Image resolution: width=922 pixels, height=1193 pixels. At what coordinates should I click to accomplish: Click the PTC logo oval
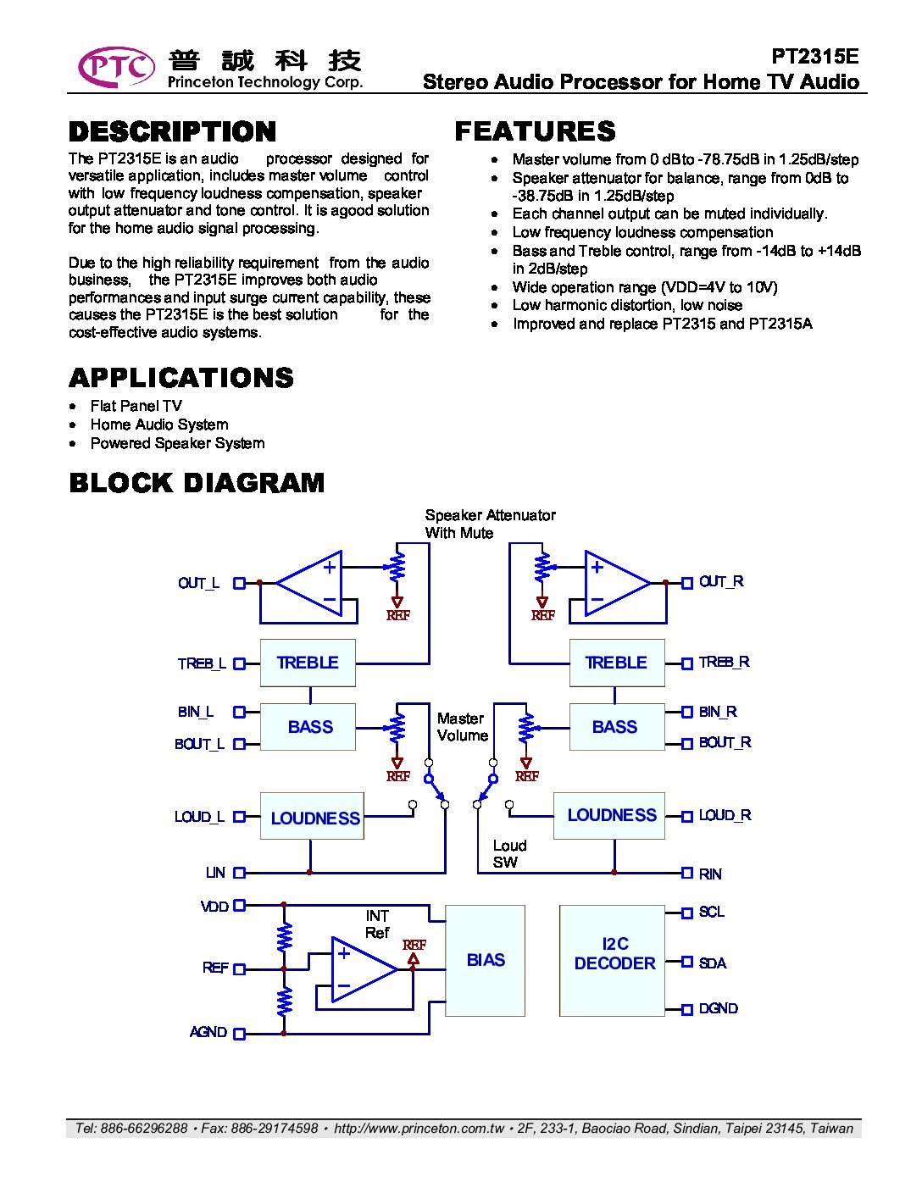pyautogui.click(x=116, y=68)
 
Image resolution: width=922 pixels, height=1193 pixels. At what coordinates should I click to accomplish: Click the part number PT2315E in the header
pyautogui.click(x=814, y=56)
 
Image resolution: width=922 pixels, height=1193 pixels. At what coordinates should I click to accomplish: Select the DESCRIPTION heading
pyautogui.click(x=173, y=131)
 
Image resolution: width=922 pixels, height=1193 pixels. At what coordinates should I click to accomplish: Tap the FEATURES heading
pyautogui.click(x=535, y=131)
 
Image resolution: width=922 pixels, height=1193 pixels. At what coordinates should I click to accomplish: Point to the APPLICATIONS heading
pyautogui.click(x=181, y=378)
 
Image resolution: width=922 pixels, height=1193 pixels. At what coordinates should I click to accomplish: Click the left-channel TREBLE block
pyautogui.click(x=308, y=663)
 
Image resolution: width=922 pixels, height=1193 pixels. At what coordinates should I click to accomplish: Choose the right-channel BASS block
pyautogui.click(x=616, y=727)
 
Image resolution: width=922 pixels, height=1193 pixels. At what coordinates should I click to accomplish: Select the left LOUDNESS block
pyautogui.click(x=312, y=817)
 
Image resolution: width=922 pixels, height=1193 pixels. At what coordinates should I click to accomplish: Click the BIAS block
pyautogui.click(x=486, y=960)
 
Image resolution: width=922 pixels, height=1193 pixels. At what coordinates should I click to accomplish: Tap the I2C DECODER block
pyautogui.click(x=614, y=960)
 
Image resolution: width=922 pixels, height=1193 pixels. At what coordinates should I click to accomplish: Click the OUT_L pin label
pyautogui.click(x=198, y=583)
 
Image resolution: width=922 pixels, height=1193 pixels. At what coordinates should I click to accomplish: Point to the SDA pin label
pyautogui.click(x=713, y=963)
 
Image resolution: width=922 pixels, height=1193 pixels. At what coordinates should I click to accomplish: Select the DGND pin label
pyautogui.click(x=718, y=1008)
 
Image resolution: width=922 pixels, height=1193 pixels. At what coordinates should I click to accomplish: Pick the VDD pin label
pyautogui.click(x=215, y=906)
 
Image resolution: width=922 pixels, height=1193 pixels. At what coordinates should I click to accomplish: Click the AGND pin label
pyautogui.click(x=208, y=1032)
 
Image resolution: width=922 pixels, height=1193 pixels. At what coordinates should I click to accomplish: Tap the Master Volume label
pyautogui.click(x=462, y=727)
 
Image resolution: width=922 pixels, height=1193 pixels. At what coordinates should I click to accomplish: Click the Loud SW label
pyautogui.click(x=509, y=854)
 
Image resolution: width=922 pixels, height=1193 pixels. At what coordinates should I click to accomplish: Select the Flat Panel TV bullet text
pyautogui.click(x=136, y=406)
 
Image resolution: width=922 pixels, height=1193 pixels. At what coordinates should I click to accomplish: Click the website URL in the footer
pyautogui.click(x=419, y=1128)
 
